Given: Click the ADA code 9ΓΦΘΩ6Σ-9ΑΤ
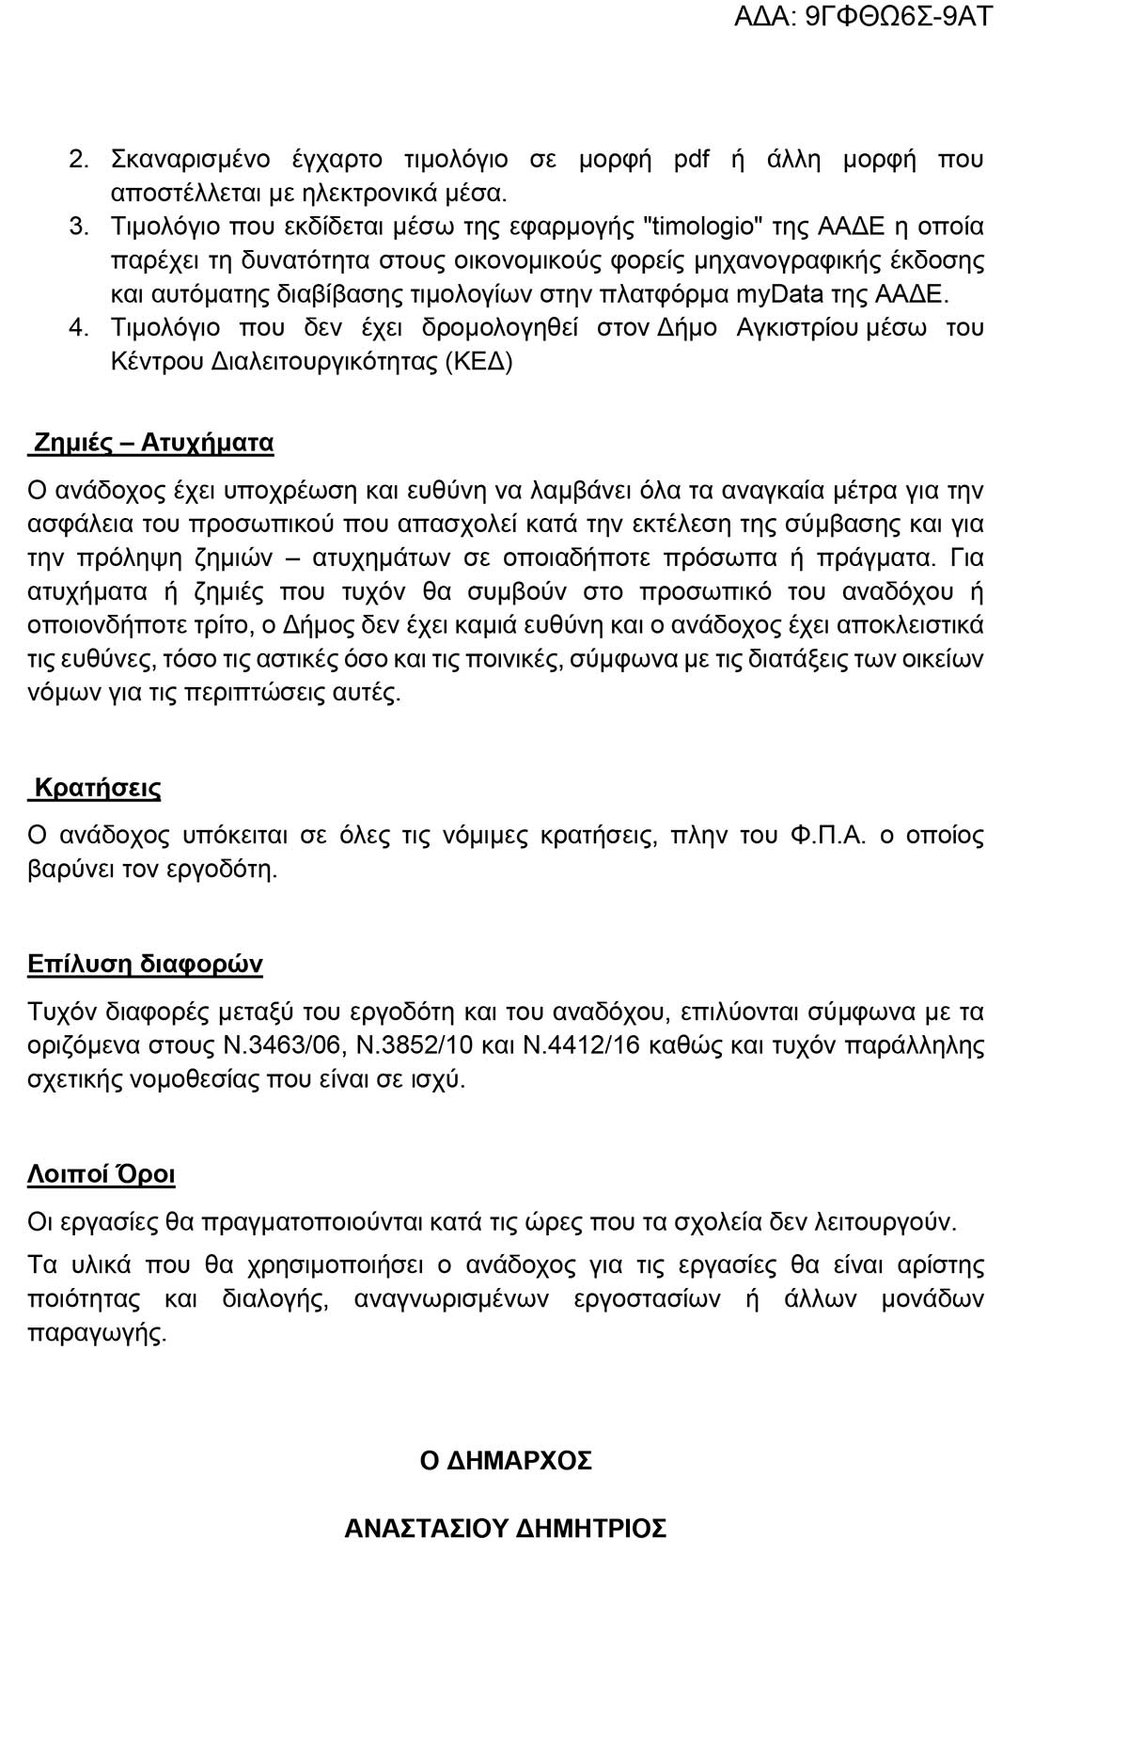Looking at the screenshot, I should point(899,16).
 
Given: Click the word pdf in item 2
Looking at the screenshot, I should point(692,159).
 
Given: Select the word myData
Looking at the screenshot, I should point(777,294).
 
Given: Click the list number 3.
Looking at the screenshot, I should point(79,227).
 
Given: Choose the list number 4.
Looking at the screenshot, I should point(79,328).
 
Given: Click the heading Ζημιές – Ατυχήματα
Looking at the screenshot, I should point(153,443).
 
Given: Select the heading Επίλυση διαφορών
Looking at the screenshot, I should point(145,965).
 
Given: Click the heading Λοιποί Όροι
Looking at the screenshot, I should point(102,1175).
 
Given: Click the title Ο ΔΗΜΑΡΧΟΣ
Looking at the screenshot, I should point(506,1461).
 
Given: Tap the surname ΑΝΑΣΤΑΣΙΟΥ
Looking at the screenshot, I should point(426,1529).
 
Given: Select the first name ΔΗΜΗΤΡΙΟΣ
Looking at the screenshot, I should point(592,1529).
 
